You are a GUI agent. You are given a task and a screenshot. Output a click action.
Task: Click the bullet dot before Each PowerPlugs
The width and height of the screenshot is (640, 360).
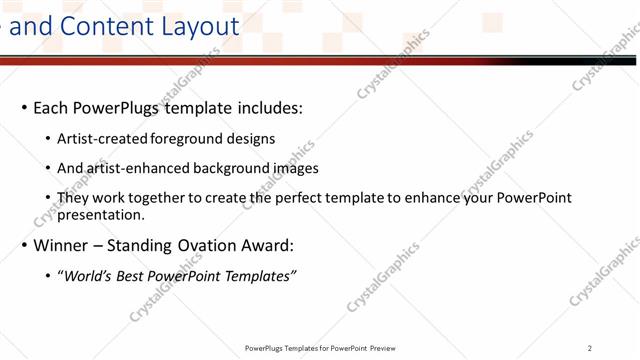click(23, 108)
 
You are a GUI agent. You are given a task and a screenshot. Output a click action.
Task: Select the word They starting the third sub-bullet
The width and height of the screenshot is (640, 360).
click(72, 197)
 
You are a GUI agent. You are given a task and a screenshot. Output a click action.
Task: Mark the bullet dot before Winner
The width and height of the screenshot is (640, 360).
click(23, 246)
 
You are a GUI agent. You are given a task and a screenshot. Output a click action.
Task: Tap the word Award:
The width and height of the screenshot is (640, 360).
click(265, 245)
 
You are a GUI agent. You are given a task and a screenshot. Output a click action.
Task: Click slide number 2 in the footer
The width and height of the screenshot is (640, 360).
click(590, 348)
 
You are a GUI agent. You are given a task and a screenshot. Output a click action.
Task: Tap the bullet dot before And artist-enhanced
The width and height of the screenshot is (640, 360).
click(48, 169)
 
